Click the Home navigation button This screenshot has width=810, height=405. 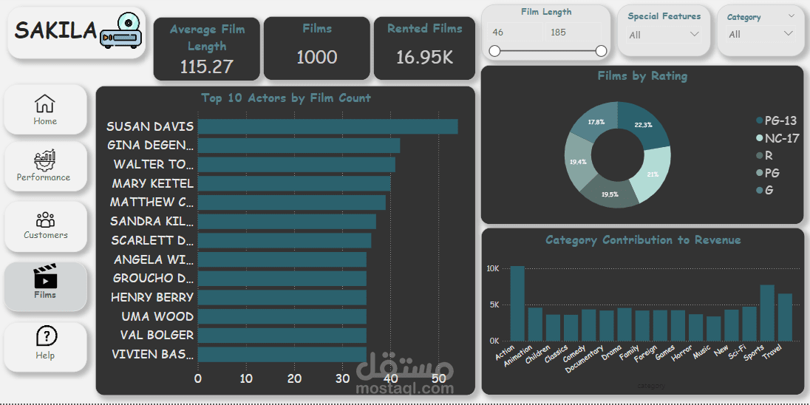point(45,109)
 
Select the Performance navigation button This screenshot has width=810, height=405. point(44,166)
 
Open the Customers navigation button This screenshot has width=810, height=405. point(45,225)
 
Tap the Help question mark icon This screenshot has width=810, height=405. point(45,336)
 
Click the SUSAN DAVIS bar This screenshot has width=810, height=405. point(327,126)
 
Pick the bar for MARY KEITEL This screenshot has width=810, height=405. point(294,183)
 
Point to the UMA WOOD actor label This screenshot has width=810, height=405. point(157,316)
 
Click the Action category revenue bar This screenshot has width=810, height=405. point(517,303)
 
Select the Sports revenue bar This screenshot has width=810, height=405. point(767,313)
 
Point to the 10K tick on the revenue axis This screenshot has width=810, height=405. point(493,269)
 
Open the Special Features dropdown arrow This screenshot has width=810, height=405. point(694,34)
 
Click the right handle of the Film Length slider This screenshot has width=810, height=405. point(601,51)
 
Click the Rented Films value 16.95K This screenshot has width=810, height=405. point(424,58)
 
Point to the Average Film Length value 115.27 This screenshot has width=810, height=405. point(207,67)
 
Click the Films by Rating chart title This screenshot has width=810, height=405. point(642,75)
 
